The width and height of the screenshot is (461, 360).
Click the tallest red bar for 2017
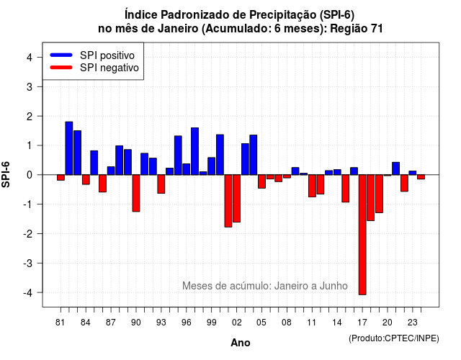pos(362,235)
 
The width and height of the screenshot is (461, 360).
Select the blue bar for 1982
pos(69,148)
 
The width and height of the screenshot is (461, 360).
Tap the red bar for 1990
pos(136,193)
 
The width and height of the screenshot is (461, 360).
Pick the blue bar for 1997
pos(194,151)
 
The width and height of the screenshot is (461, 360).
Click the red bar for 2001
pos(228,201)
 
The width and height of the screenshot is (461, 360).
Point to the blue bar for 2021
pos(395,168)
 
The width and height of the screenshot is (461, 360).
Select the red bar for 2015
pos(346,189)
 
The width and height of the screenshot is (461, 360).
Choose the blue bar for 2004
pos(254,155)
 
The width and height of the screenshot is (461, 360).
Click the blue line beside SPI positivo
pos(61,55)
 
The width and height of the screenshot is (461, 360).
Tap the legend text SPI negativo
pos(109,68)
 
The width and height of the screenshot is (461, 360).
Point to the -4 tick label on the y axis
pos(29,293)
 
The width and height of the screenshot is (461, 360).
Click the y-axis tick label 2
pos(30,117)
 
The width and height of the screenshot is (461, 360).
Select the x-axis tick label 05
pos(261,323)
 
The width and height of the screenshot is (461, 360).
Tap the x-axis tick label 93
pos(161,323)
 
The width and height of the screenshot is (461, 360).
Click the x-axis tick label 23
pos(413,323)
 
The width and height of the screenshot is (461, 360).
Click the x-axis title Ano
pos(241,343)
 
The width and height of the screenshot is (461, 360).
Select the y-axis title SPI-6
pos(6,174)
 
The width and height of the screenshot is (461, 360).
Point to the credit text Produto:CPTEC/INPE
pos(394,338)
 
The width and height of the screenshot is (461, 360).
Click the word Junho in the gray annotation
pos(334,286)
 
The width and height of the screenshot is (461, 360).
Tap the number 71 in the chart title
pos(377,29)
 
